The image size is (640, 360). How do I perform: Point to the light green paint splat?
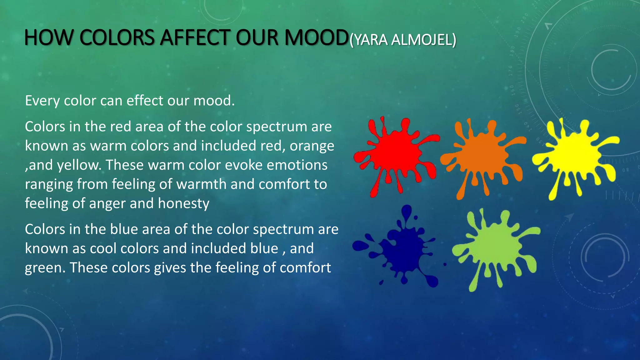point(497,247)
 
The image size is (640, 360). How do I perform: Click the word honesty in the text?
point(183,204)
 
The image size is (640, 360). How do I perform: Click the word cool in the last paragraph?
point(103,249)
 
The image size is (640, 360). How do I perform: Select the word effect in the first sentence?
point(145,101)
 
